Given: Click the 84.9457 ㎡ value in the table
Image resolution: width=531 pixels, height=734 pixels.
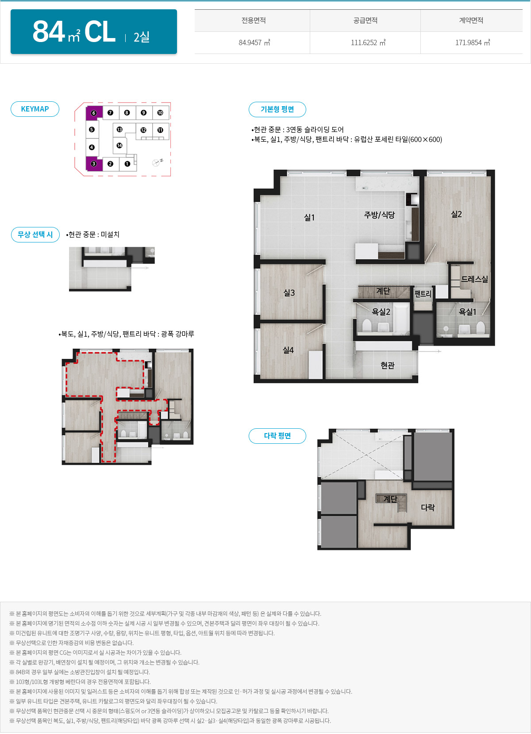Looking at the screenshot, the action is [x=254, y=42].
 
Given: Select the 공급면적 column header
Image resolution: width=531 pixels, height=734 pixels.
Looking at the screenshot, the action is [x=365, y=20].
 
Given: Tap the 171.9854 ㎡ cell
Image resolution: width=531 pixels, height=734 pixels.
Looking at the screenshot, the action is [x=472, y=42].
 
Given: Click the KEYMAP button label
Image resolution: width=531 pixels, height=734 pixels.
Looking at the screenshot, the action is [x=35, y=109].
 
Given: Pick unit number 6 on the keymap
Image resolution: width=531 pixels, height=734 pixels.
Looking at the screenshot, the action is [x=94, y=113].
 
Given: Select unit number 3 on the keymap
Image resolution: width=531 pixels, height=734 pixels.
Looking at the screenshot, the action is [x=94, y=164].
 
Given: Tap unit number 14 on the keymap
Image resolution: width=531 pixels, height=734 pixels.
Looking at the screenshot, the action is [x=119, y=145].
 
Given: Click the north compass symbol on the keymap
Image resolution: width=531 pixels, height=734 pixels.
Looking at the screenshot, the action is [x=158, y=162].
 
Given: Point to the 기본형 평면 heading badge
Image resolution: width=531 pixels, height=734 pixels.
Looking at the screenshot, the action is [x=277, y=109].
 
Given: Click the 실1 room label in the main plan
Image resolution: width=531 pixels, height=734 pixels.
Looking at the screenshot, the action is [x=309, y=217].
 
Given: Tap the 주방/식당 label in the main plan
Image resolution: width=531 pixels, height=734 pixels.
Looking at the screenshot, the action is [x=379, y=215].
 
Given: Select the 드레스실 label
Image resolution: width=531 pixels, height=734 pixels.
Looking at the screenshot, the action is [x=474, y=279].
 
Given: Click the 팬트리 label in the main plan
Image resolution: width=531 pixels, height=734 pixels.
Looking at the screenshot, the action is [x=423, y=294].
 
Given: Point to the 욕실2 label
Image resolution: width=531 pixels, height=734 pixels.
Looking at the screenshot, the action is [x=381, y=311].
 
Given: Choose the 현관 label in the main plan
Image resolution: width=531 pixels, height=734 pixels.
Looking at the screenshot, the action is [x=388, y=365].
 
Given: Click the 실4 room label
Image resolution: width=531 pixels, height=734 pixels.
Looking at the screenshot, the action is [x=288, y=350].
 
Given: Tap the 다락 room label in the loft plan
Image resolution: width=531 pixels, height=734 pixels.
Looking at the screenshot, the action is [x=428, y=507].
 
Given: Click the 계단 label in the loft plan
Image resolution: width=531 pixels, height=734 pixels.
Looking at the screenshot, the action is [x=390, y=499].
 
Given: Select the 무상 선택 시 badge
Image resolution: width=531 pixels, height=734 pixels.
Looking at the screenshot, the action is [x=35, y=234].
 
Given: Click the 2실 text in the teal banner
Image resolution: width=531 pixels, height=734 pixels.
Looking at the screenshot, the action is [x=142, y=37].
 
